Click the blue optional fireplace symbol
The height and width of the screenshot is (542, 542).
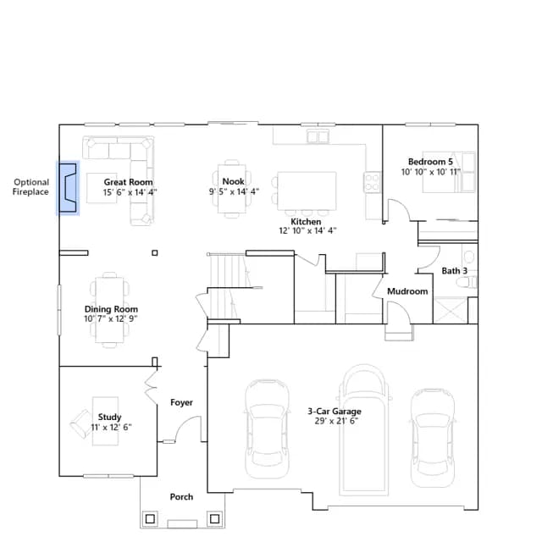click(68, 188)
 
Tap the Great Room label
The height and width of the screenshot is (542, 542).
click(128, 182)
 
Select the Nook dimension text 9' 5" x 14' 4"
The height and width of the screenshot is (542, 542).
click(234, 191)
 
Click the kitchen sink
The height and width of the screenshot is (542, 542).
click(318, 136)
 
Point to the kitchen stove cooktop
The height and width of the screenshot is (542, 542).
click(372, 182)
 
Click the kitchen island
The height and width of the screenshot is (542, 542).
click(307, 191)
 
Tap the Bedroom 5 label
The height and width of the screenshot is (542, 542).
click(430, 162)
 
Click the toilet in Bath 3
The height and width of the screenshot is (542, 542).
click(467, 282)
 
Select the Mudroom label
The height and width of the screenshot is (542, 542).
click(407, 291)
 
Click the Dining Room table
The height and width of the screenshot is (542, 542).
click(109, 310)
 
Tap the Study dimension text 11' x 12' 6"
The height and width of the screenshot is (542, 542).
click(111, 427)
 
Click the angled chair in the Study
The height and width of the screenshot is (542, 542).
click(80, 423)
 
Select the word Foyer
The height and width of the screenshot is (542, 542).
click(181, 403)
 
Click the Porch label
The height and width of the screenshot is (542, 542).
click(181, 497)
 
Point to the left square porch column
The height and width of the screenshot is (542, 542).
click(150, 519)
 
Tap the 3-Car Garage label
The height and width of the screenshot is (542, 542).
click(335, 412)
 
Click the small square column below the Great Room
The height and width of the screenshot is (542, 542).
click(155, 253)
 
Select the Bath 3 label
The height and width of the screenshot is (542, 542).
click(455, 271)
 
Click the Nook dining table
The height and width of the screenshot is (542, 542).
click(232, 189)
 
